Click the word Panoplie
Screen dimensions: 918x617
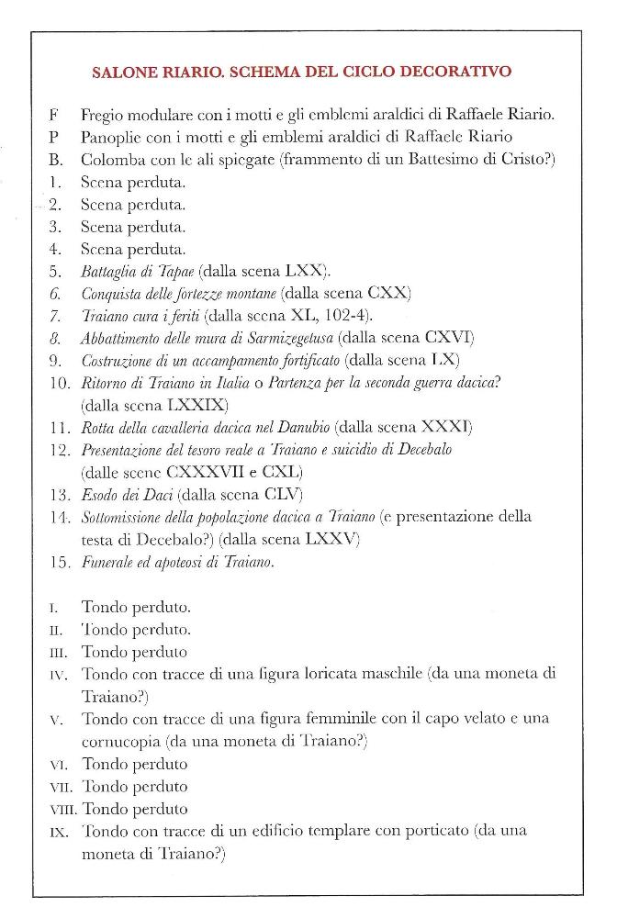[x=113, y=138]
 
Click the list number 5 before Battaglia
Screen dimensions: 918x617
[x=55, y=271]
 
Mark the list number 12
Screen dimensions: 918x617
[x=59, y=450]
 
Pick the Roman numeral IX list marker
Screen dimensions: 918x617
[x=54, y=833]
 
